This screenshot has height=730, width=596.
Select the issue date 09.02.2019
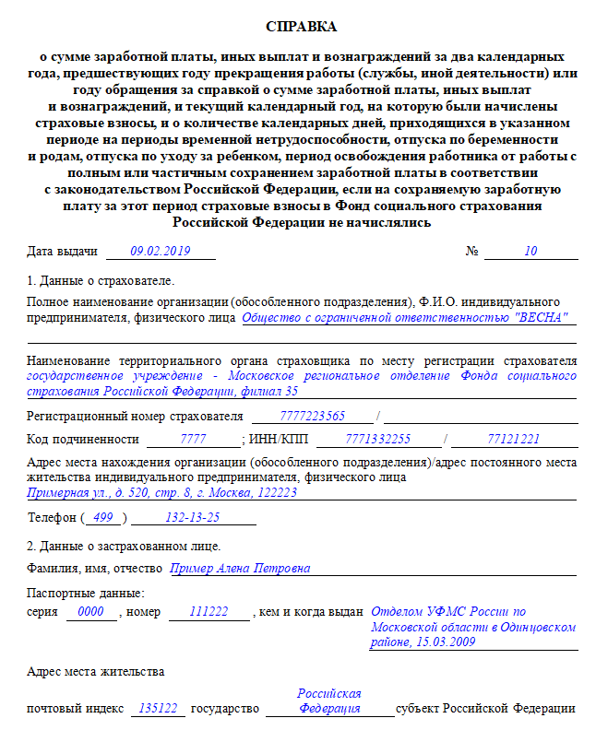[x=161, y=250]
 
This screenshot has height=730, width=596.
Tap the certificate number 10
[x=530, y=250]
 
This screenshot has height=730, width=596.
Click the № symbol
[x=471, y=251]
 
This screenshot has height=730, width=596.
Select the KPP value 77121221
[x=513, y=439]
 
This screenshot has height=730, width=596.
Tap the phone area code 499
[x=103, y=517]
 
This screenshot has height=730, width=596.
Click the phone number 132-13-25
[x=193, y=517]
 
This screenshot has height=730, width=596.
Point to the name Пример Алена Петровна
[x=240, y=568]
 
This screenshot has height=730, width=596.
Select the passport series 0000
[x=90, y=611]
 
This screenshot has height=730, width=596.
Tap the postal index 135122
[x=158, y=709]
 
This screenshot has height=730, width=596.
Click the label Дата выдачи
[x=63, y=251]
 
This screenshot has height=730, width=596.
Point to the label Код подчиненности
[x=84, y=439]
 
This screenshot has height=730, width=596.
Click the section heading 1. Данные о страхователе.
[x=101, y=280]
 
